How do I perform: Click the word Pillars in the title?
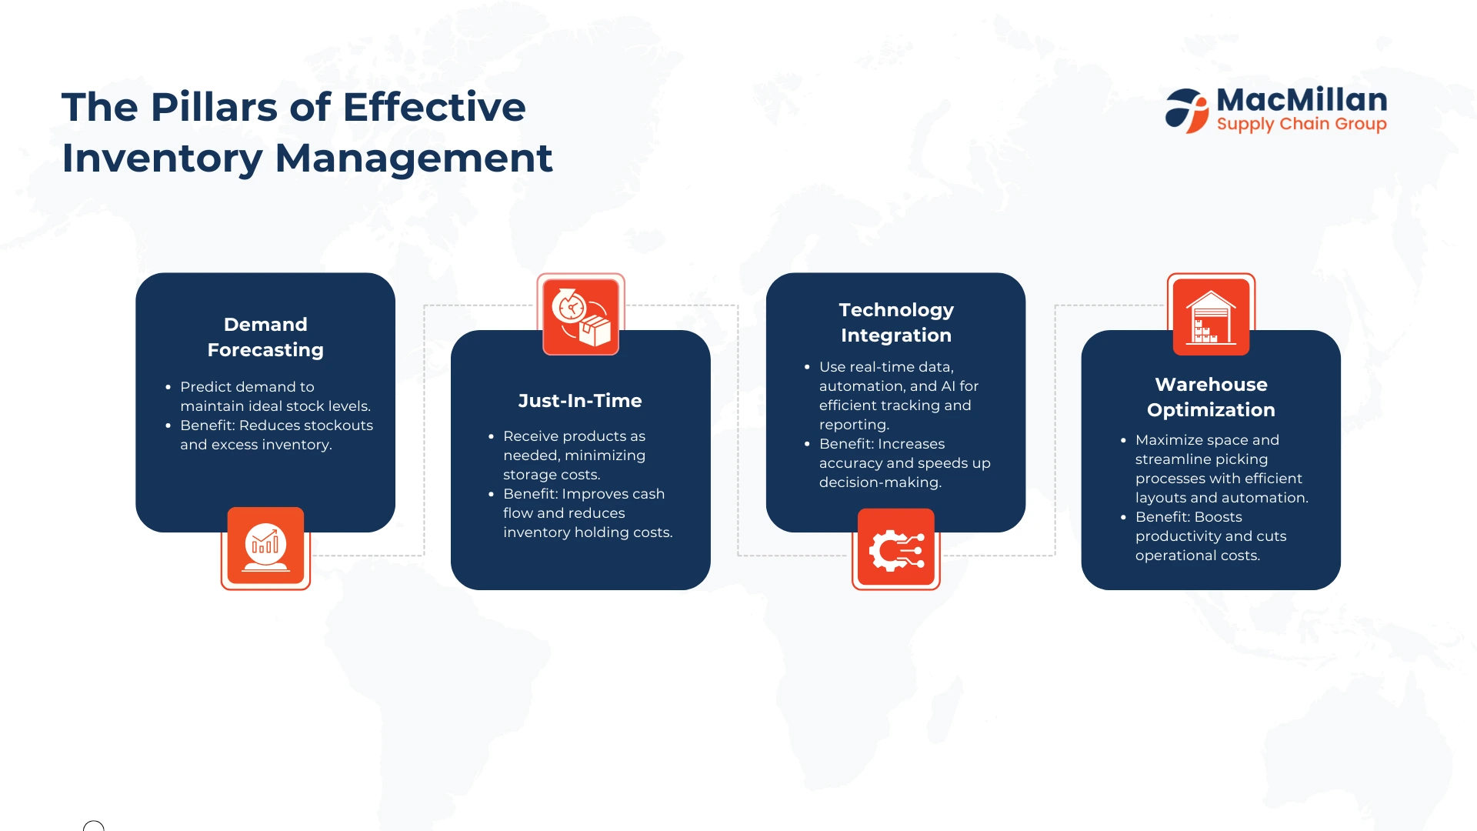(x=214, y=107)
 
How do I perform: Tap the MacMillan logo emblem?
(x=1187, y=111)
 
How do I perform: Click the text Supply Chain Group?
(x=1302, y=124)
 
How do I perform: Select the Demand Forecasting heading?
(x=265, y=337)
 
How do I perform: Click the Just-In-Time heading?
(x=580, y=401)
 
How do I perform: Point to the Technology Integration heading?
(x=896, y=322)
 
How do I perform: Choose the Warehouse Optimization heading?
(x=1211, y=397)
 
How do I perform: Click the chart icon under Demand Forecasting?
(x=265, y=548)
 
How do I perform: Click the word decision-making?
(x=880, y=483)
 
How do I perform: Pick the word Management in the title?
(x=414, y=159)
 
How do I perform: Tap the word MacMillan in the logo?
(x=1302, y=100)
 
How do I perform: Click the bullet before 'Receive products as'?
(x=491, y=436)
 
